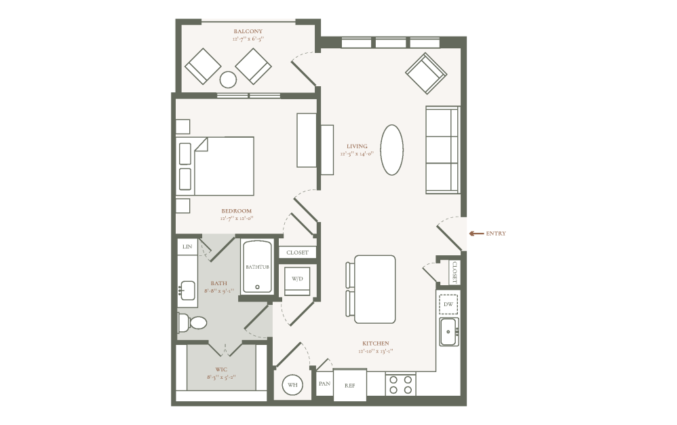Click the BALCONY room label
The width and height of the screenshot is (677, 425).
(x=248, y=31)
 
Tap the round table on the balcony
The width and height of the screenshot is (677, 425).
(x=228, y=80)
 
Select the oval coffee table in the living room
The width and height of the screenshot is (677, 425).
(x=392, y=150)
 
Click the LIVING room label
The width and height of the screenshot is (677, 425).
(x=357, y=146)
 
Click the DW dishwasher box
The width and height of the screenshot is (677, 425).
(x=448, y=304)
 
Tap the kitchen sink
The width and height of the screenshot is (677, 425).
(x=448, y=332)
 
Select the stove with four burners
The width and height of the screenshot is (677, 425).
(x=400, y=384)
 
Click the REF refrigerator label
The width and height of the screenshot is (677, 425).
(x=349, y=385)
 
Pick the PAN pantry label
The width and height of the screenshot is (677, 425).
(x=324, y=384)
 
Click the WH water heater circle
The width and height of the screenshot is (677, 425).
(x=292, y=385)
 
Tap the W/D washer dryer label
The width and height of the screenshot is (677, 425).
(x=297, y=279)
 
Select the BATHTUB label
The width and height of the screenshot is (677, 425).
(x=257, y=267)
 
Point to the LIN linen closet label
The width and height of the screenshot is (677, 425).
(x=187, y=246)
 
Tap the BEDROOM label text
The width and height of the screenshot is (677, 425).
(x=235, y=211)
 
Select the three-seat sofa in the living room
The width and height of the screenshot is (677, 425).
(x=442, y=150)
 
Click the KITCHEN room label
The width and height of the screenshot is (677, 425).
(x=375, y=344)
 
